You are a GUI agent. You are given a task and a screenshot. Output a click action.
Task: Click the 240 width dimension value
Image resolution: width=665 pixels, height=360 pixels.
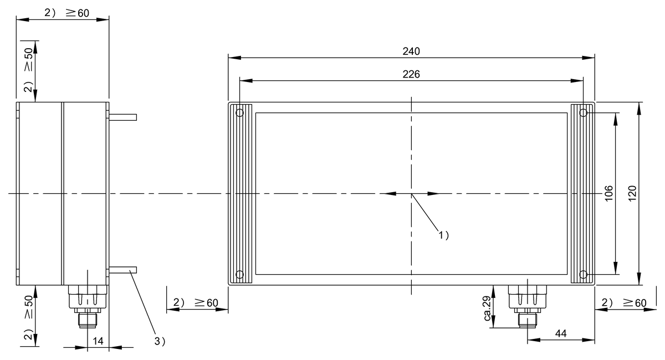411,52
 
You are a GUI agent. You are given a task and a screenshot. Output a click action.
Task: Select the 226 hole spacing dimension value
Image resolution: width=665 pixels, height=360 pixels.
411,74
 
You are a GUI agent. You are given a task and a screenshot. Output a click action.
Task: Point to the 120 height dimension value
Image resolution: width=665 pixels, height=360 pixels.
632,193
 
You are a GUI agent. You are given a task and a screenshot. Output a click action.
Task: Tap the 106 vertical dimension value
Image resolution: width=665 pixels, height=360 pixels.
608,193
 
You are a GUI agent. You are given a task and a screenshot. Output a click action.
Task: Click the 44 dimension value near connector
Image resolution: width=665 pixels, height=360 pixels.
561,333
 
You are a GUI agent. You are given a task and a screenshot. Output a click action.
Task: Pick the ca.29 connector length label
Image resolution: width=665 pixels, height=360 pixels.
487,308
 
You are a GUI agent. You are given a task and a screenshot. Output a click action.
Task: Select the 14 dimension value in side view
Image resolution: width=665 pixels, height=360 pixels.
98,341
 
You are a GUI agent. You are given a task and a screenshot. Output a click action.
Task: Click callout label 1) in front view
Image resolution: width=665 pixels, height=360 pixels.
443,235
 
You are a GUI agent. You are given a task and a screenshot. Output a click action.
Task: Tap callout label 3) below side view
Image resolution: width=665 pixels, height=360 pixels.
160,341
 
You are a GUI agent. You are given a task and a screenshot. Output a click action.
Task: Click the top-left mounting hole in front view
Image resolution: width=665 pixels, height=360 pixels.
239,113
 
